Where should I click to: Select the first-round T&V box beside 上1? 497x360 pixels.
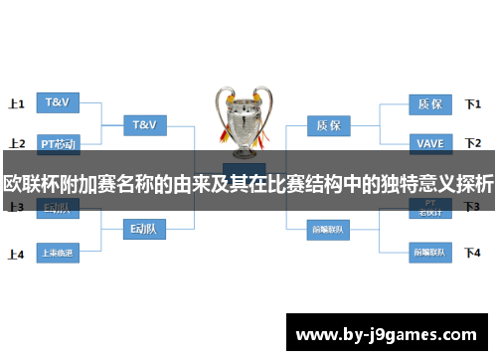(x=59, y=102)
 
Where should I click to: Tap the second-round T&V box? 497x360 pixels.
(x=144, y=125)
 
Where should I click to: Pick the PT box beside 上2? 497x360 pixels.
(x=59, y=144)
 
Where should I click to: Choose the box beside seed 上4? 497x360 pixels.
(x=59, y=253)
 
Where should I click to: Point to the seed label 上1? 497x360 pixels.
(x=16, y=103)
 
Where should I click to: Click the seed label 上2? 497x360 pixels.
(x=16, y=144)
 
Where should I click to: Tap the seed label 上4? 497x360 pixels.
(x=16, y=254)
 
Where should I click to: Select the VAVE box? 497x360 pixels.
(x=430, y=144)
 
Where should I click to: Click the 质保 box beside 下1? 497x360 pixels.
(x=430, y=102)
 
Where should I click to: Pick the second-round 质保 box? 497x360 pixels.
(x=328, y=125)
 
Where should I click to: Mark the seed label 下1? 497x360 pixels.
(x=473, y=103)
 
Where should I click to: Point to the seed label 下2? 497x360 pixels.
(x=473, y=144)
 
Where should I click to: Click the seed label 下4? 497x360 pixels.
(x=473, y=253)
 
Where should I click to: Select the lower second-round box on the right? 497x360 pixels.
(x=328, y=230)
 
